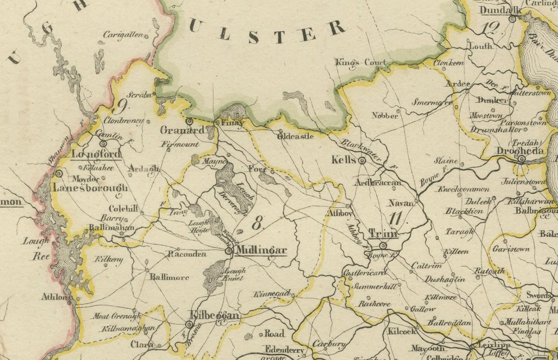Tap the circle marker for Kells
coord(362,161)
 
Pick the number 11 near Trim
coord(397,218)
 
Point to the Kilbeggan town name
coord(215,316)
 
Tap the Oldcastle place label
coord(296,136)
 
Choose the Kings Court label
coord(360,63)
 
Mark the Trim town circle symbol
coord(383,245)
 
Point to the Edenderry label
coord(285,349)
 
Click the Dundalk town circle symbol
coord(512,19)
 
